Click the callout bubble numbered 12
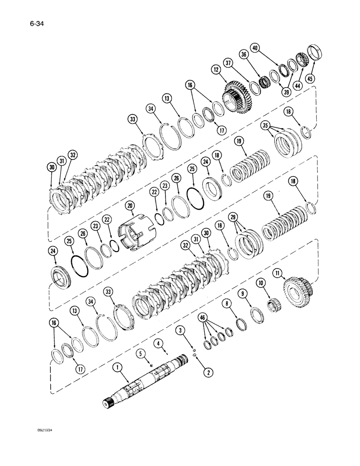[216, 69]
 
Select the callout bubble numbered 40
[255, 48]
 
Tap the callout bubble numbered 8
[227, 303]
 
